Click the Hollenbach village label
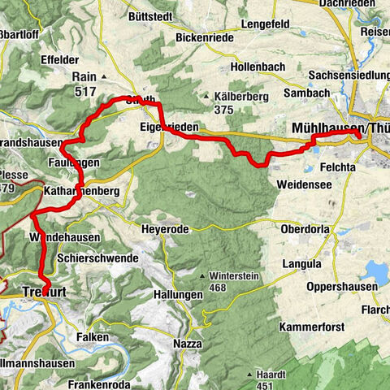(258, 62)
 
